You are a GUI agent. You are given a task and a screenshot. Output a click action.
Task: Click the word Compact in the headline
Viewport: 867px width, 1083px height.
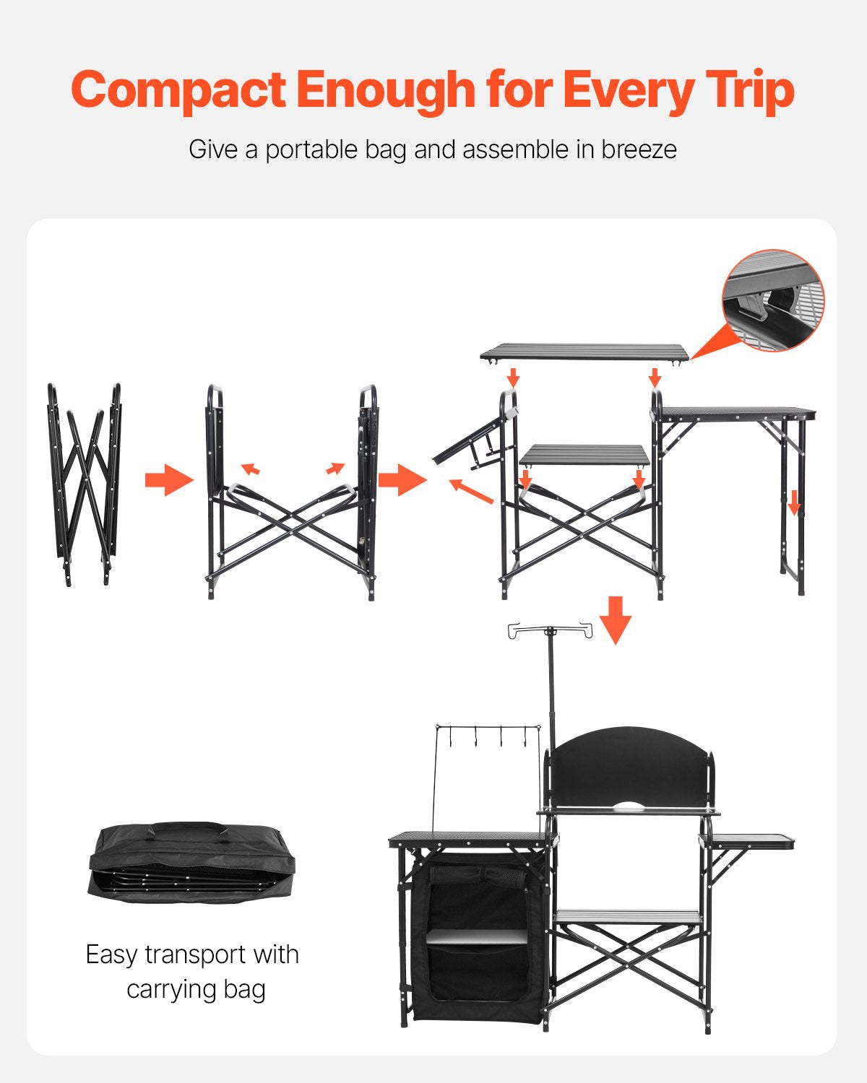(178, 91)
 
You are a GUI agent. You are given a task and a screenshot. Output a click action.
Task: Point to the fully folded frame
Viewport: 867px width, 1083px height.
(85, 484)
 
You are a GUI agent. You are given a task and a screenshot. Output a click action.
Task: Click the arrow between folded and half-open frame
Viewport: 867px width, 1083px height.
(168, 480)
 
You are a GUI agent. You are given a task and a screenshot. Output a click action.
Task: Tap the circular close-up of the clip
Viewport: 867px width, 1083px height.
(773, 300)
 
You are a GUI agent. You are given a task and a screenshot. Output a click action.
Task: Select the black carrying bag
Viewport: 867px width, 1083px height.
(192, 863)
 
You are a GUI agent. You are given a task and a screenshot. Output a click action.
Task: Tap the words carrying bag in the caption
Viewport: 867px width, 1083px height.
(196, 989)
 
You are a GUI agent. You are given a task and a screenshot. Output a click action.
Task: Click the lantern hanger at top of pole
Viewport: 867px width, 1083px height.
(551, 630)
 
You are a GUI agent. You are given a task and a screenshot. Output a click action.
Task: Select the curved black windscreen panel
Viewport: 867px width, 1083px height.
(629, 769)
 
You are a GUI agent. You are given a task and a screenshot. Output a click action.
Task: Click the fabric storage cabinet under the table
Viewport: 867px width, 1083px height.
(478, 939)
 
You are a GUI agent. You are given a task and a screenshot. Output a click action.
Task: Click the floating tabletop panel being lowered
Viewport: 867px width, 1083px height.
(585, 352)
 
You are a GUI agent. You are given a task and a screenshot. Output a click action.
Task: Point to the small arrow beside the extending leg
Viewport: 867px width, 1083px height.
(794, 503)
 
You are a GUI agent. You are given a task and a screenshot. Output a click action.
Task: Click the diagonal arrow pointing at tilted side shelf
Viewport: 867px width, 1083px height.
(470, 491)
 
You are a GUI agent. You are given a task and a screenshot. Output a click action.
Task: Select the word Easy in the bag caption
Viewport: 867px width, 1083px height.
(112, 954)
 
